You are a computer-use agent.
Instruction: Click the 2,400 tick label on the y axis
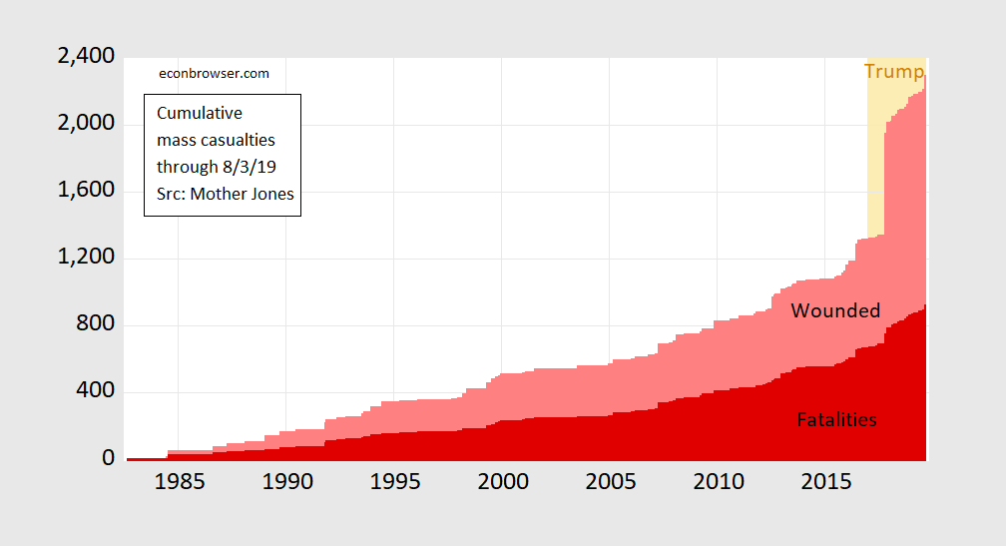coord(86,57)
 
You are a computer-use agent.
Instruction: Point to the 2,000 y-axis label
coord(86,124)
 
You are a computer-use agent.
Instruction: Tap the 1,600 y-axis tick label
coord(86,191)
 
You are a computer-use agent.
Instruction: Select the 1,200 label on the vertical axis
coord(86,259)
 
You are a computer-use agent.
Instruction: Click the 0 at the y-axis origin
coord(108,459)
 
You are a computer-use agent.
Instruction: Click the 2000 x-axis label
coord(502,482)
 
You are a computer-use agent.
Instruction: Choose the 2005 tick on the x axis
coord(610,482)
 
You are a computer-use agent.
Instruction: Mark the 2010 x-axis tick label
coord(718,482)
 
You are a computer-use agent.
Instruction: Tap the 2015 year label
coord(825,482)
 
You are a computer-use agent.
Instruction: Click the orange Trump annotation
coord(893,72)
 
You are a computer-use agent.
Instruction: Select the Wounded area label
coord(835,311)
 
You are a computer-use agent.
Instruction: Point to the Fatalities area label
coord(836,420)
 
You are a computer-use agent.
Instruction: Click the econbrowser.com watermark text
coord(215,73)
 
